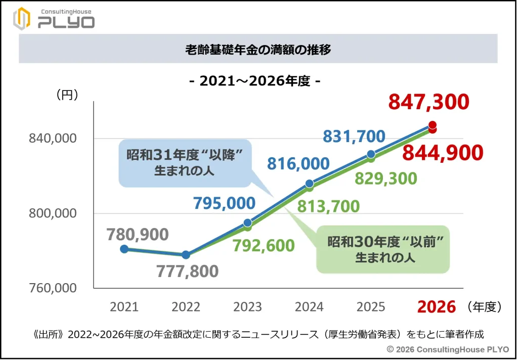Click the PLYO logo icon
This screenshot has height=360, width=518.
click(x=22, y=19)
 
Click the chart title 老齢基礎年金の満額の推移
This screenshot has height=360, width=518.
click(x=258, y=49)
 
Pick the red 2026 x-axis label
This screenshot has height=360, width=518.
click(x=436, y=306)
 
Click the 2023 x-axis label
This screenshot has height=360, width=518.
click(x=248, y=307)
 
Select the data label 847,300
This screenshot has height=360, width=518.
click(x=428, y=103)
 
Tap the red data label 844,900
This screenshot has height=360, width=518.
click(x=443, y=153)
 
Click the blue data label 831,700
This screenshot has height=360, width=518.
click(x=354, y=136)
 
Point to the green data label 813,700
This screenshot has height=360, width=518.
click(x=328, y=206)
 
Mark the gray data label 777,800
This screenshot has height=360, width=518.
click(x=187, y=271)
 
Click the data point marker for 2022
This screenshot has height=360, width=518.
click(x=186, y=255)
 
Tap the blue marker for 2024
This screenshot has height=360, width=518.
click(x=310, y=184)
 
